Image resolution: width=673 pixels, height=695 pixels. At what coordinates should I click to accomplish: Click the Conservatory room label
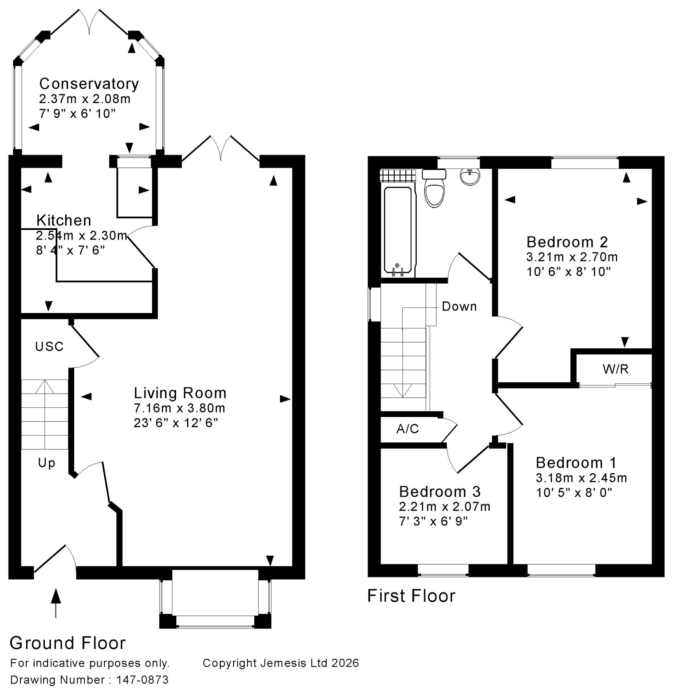pyautogui.click(x=89, y=84)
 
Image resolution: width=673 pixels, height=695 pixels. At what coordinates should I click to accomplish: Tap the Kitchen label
pyautogui.click(x=64, y=220)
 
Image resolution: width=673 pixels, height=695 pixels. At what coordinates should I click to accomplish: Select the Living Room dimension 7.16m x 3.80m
pyautogui.click(x=179, y=408)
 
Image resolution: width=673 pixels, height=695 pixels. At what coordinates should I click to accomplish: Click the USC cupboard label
pyautogui.click(x=49, y=346)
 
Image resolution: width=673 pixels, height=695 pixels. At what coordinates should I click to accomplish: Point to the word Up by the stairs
pyautogui.click(x=47, y=463)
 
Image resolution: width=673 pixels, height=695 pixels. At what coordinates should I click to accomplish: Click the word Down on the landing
pyautogui.click(x=459, y=306)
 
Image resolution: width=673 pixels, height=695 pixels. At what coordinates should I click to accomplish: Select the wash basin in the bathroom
pyautogui.click(x=470, y=177)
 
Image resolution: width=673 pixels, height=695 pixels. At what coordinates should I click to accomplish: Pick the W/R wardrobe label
pyautogui.click(x=616, y=369)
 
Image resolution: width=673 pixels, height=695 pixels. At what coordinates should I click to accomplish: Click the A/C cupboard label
pyautogui.click(x=408, y=429)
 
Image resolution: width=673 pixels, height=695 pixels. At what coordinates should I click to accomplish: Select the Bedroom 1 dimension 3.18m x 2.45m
pyautogui.click(x=581, y=478)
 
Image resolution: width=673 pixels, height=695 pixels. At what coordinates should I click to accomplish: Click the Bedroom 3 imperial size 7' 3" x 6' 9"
pyautogui.click(x=433, y=521)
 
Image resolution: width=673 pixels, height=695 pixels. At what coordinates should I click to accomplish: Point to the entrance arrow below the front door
pyautogui.click(x=56, y=602)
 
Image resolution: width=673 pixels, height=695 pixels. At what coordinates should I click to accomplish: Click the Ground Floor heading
pyautogui.click(x=68, y=643)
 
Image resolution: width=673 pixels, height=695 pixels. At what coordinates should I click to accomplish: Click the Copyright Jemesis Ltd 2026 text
pyautogui.click(x=281, y=663)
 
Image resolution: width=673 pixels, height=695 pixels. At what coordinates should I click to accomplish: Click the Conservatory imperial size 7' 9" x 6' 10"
pyautogui.click(x=77, y=114)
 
